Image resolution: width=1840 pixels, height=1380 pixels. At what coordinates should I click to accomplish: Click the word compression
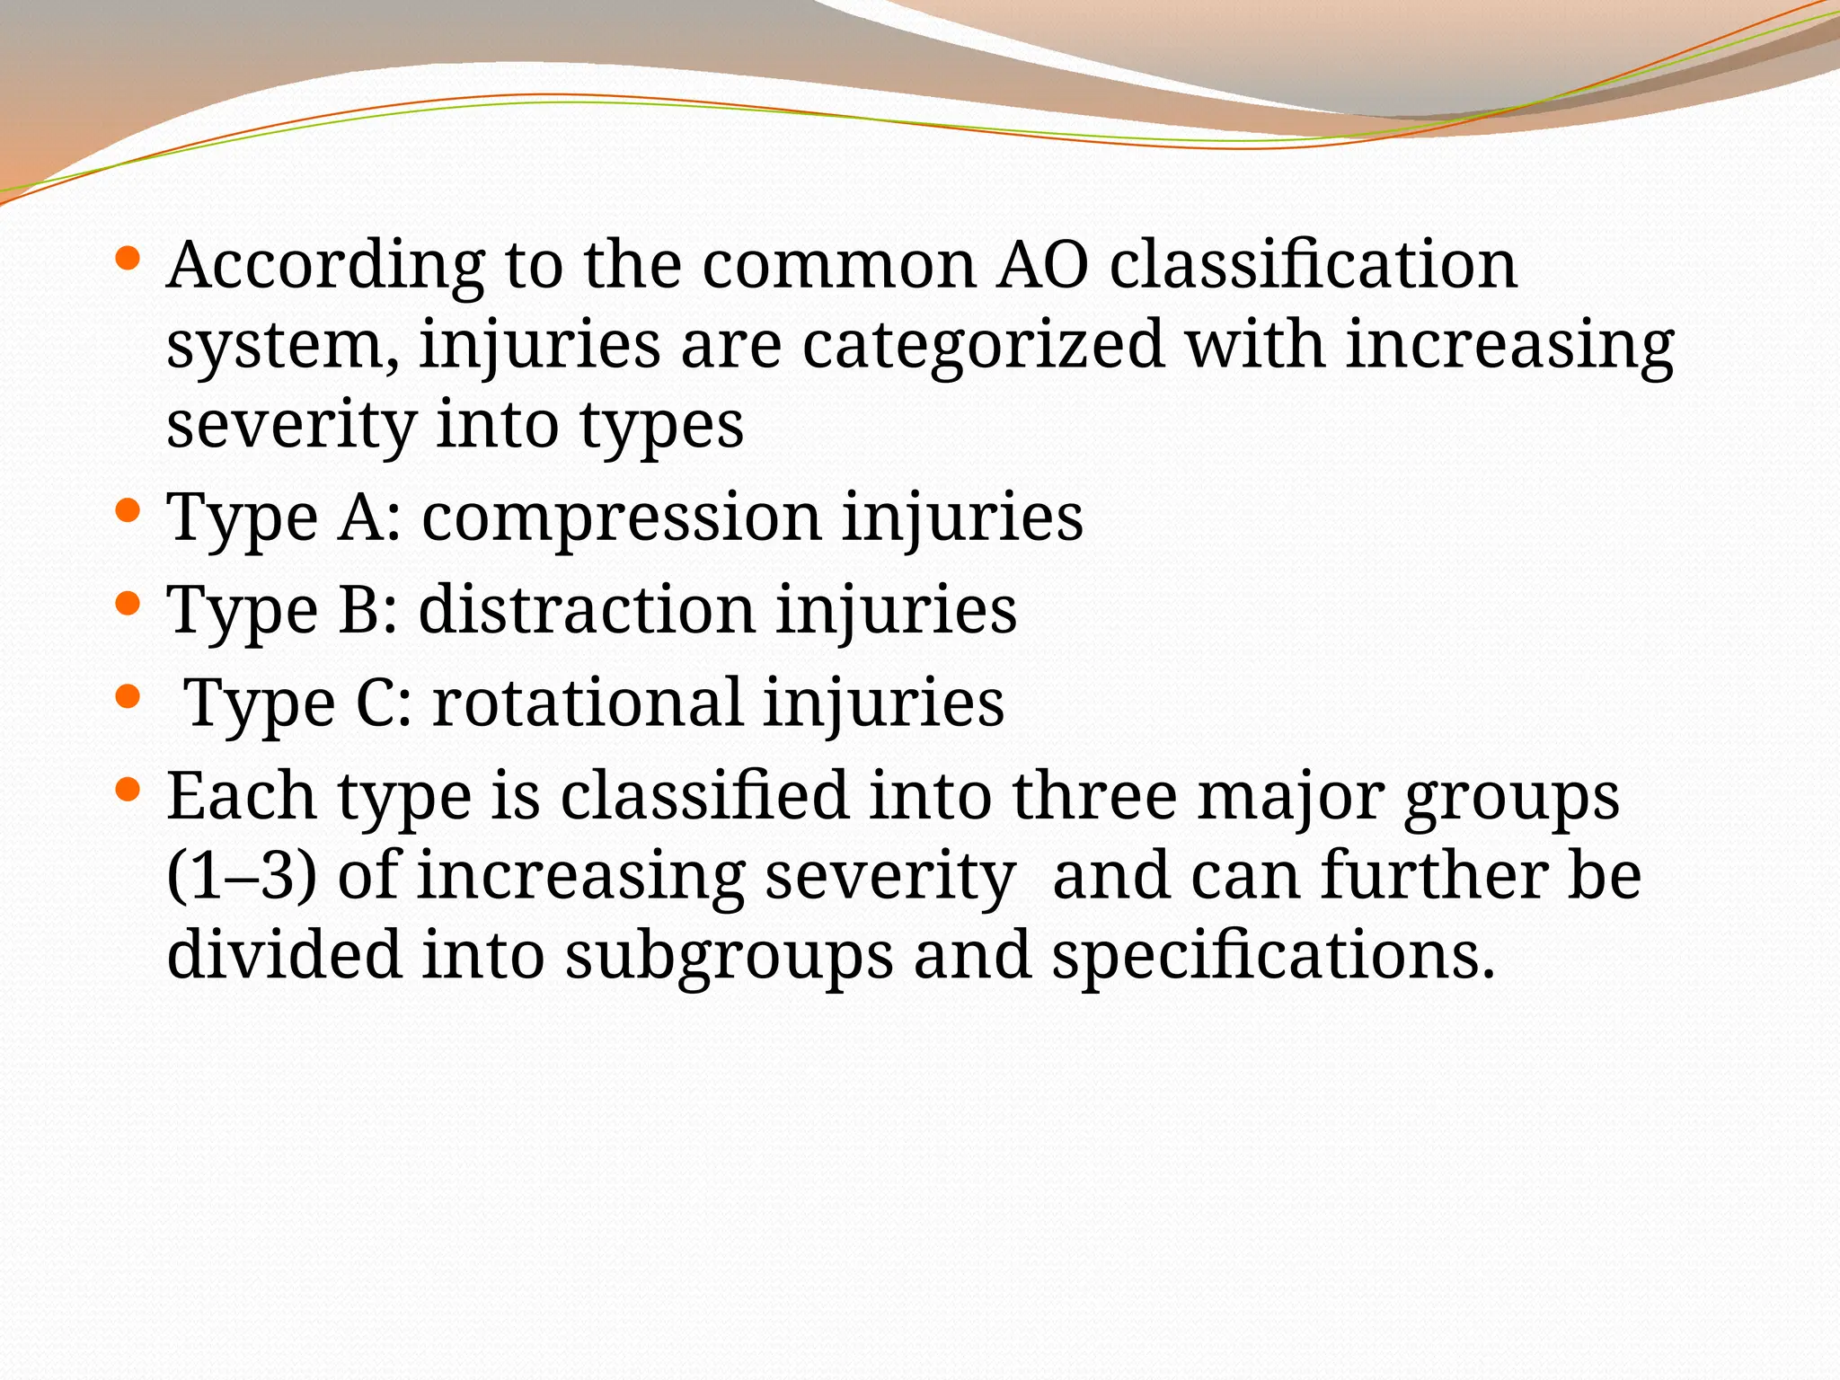[x=622, y=519]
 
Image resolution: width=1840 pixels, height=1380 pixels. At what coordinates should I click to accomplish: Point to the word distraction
[x=587, y=611]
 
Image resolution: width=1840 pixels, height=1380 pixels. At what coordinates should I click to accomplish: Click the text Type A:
[x=284, y=519]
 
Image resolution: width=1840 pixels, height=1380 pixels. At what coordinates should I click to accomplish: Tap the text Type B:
[x=282, y=611]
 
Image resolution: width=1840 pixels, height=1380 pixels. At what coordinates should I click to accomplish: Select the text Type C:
[x=298, y=703]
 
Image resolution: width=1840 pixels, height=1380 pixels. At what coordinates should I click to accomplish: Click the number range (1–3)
[x=242, y=877]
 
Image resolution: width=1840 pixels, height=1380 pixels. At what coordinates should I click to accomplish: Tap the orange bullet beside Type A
[x=128, y=511]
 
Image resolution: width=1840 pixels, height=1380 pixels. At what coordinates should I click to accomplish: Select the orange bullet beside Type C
[x=128, y=695]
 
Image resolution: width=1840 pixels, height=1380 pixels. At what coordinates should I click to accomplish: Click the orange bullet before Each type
[x=128, y=789]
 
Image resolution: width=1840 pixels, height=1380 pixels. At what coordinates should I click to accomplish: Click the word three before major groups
[x=1094, y=797]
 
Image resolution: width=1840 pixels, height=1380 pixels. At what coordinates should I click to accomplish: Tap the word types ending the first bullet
[x=661, y=427]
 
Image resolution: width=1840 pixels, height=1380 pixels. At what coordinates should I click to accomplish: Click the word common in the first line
[x=839, y=266]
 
